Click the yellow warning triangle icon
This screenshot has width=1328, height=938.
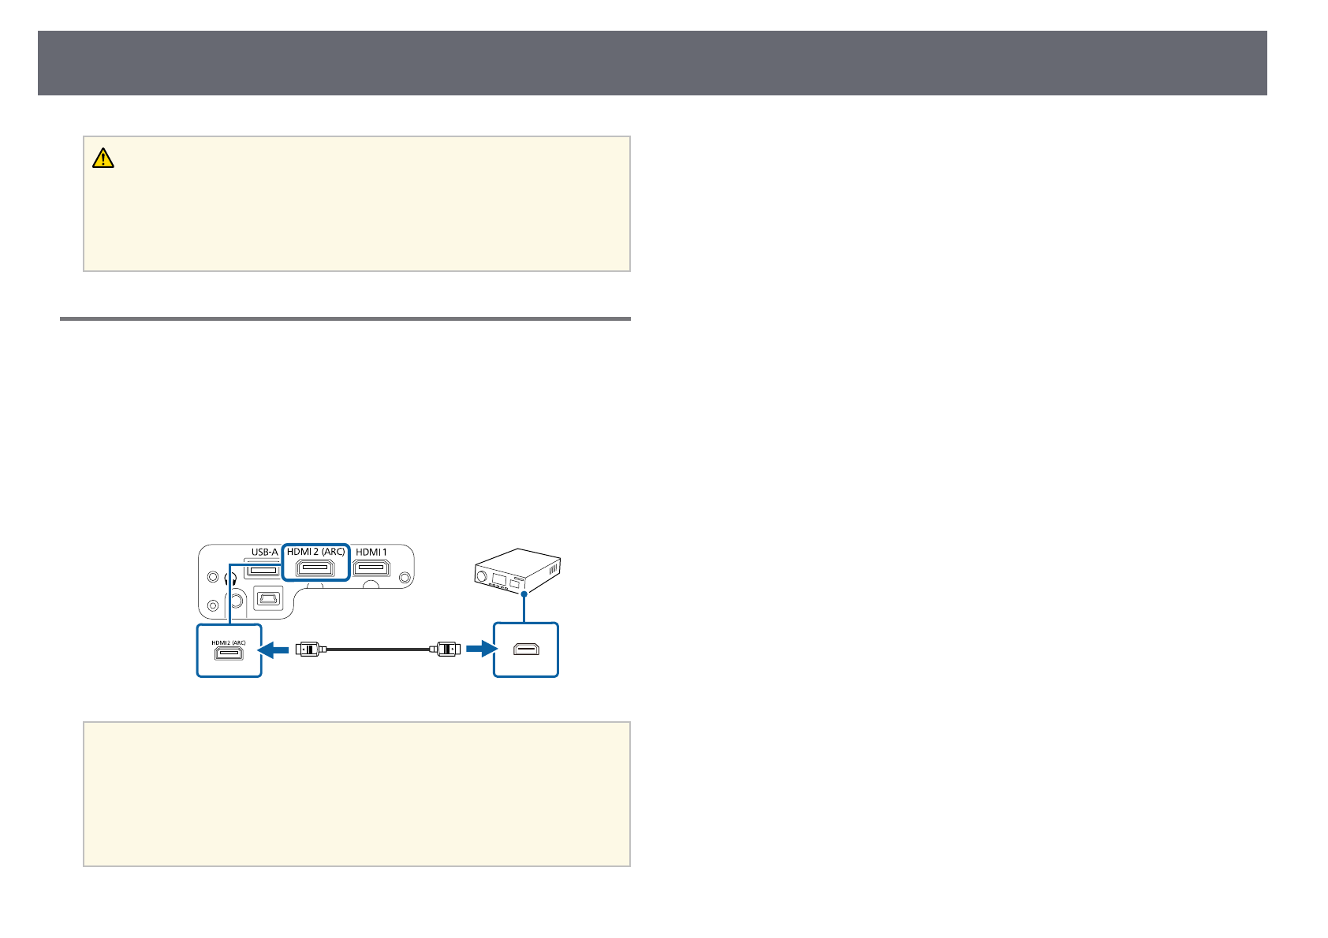click(103, 158)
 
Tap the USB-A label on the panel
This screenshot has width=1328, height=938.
click(264, 552)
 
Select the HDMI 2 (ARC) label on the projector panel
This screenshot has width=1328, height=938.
click(315, 552)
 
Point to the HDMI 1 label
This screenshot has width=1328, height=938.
click(372, 552)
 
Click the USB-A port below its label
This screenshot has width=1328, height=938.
click(263, 569)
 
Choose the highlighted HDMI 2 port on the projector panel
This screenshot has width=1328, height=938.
click(315, 569)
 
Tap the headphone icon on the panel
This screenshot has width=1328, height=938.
click(230, 577)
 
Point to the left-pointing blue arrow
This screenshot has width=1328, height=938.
click(274, 649)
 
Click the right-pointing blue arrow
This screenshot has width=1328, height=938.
click(479, 649)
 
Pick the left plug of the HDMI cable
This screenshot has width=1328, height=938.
click(308, 650)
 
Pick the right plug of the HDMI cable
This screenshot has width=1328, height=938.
click(446, 650)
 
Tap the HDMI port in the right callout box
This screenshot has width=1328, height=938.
click(526, 650)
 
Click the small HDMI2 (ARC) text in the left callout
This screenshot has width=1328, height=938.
click(229, 642)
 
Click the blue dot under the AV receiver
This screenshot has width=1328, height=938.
click(523, 593)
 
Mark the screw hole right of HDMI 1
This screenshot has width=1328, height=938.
click(405, 578)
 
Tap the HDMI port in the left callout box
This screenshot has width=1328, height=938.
click(229, 654)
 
